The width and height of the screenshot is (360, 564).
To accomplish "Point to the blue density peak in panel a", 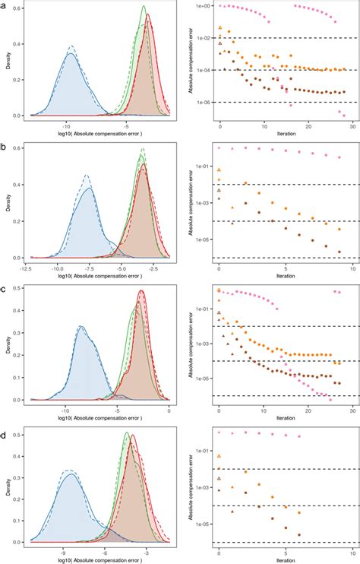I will click(x=71, y=53).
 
